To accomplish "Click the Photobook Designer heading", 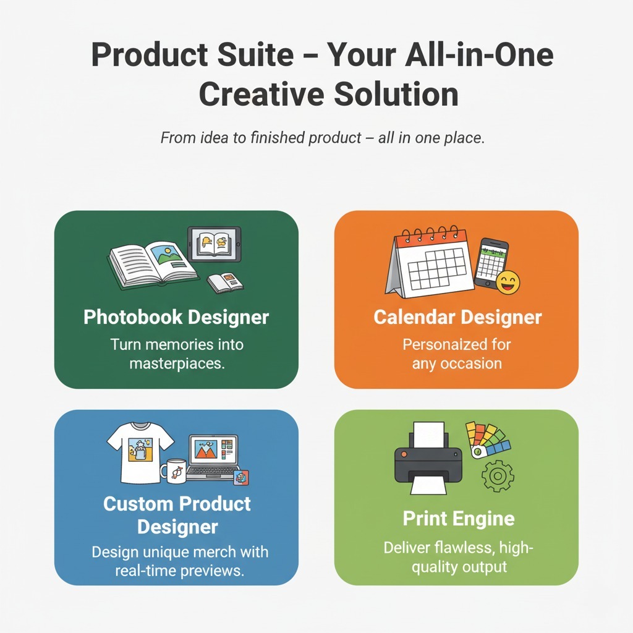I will click(x=176, y=318).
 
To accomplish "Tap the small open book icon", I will click(x=225, y=282).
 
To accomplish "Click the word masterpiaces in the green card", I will click(x=176, y=363).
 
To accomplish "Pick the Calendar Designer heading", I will click(x=457, y=318).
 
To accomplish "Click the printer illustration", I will click(x=428, y=459).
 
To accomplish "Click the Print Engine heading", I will click(x=458, y=518).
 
